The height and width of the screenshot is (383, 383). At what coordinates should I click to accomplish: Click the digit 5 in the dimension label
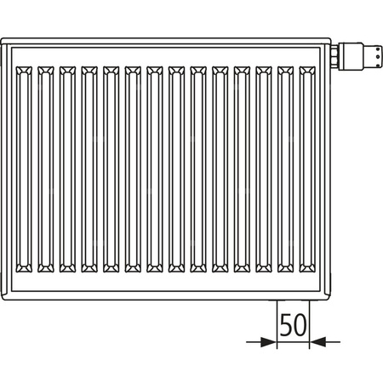[x=286, y=323]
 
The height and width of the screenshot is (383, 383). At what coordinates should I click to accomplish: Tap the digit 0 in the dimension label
[x=300, y=323]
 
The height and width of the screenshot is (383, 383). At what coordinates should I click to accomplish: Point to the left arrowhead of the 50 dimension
[x=271, y=342]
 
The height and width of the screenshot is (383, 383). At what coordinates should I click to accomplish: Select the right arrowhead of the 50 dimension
[x=314, y=342]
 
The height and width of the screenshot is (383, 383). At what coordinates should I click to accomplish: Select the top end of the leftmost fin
[x=25, y=68]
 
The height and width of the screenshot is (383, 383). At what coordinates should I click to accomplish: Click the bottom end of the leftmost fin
[x=25, y=270]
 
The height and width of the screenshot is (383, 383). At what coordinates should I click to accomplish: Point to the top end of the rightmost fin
[x=308, y=68]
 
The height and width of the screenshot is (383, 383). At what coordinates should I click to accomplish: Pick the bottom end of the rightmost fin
[x=308, y=270]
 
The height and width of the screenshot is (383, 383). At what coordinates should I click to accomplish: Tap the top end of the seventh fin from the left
[x=156, y=68]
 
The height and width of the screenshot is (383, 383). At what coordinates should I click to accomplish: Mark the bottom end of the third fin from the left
[x=68, y=270]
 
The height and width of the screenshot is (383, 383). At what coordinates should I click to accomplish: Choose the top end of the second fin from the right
[x=287, y=68]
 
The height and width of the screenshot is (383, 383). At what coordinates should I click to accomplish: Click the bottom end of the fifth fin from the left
[x=112, y=270]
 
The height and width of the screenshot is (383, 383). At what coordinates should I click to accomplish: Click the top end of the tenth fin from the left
[x=221, y=68]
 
